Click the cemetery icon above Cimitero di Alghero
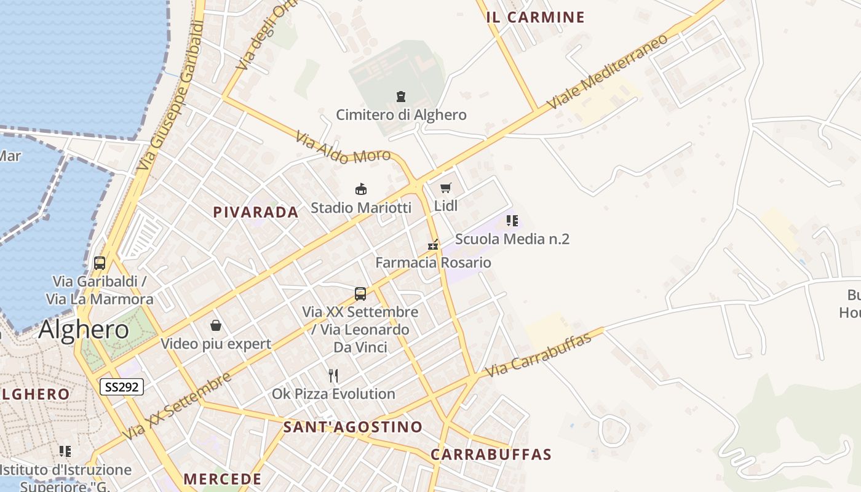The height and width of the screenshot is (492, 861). tap(401, 97)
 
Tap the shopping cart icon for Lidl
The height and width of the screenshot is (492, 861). tap(446, 188)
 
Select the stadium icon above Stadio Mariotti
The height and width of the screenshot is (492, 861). tap(361, 189)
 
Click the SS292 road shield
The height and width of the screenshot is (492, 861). tap(122, 386)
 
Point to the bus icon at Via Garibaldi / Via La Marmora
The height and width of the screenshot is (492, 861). tap(100, 263)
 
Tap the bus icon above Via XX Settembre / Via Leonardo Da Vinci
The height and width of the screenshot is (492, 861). tap(360, 294)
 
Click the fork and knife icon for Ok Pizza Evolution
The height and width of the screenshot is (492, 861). tap(333, 375)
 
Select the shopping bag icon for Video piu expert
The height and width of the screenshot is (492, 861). tap(216, 325)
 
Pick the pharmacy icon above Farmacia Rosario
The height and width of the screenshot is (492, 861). tap(434, 245)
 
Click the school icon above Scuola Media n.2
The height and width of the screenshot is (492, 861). tap(512, 220)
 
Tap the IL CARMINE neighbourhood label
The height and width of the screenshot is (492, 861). tap(535, 17)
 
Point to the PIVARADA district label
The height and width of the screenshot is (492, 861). tap(255, 212)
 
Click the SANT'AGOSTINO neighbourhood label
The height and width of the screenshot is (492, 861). tap(353, 427)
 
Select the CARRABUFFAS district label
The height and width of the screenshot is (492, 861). tap(491, 454)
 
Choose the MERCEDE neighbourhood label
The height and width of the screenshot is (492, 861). tap(223, 478)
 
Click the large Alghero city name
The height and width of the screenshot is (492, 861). tap(84, 330)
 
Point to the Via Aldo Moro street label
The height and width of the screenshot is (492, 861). tap(343, 148)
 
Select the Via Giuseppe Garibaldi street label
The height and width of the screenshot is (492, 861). tap(171, 95)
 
